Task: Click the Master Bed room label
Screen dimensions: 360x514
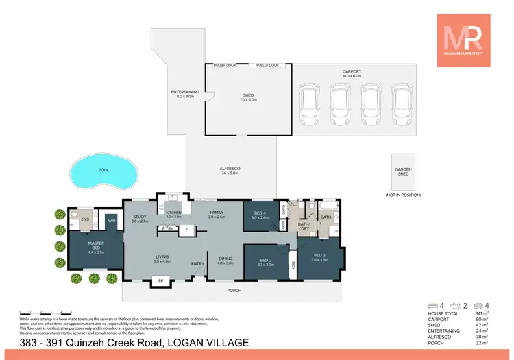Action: point(95,247)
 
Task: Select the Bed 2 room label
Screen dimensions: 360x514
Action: point(266,261)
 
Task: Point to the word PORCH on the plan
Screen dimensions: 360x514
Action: point(233,290)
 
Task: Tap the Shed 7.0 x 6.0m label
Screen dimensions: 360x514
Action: point(248,97)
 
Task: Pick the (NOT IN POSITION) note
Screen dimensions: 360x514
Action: point(402,195)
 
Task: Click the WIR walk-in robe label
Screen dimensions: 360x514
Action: point(111,220)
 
